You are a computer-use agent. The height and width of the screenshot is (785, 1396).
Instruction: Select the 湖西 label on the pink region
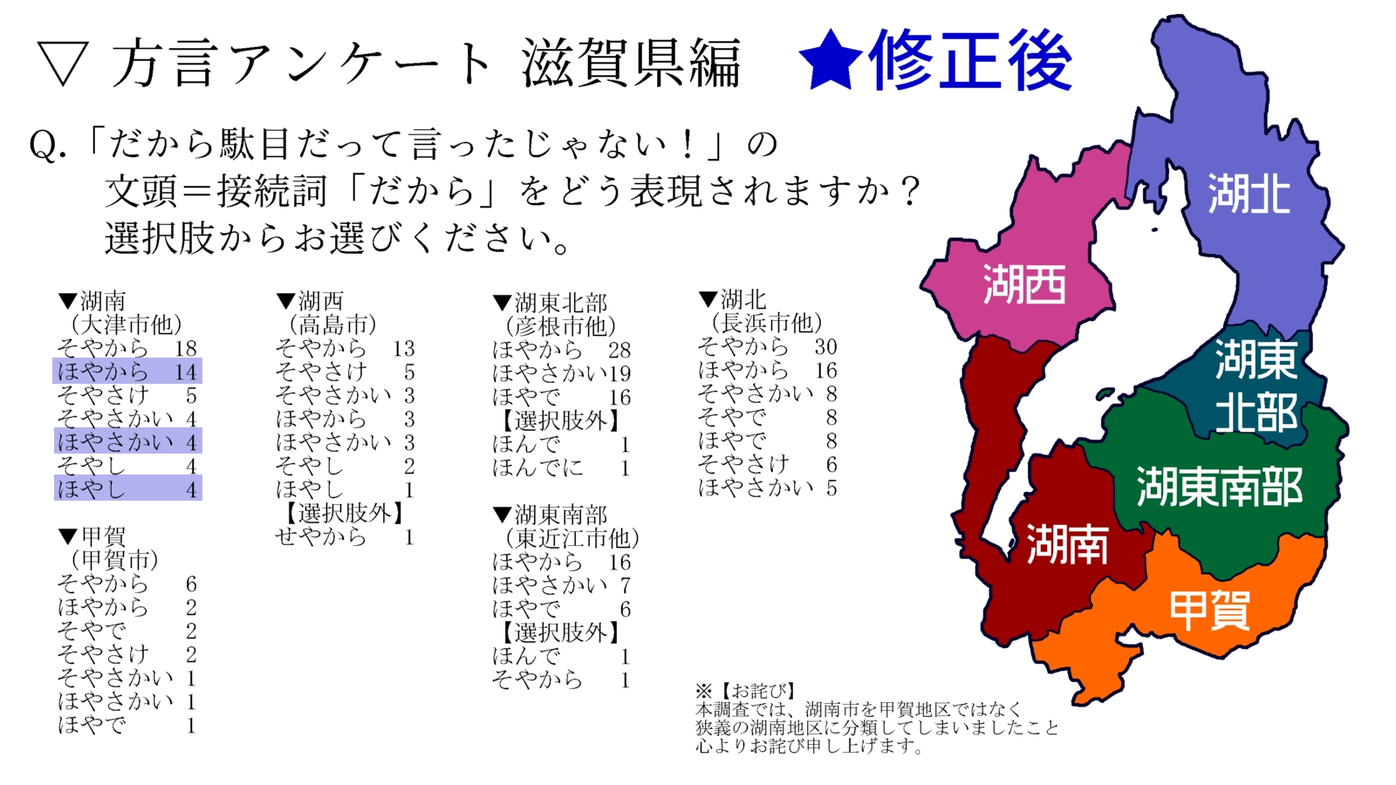pyautogui.click(x=1024, y=284)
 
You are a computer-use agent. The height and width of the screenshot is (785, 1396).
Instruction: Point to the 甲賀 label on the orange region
pyautogui.click(x=1209, y=610)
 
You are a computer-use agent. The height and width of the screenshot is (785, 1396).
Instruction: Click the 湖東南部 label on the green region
pyautogui.click(x=1219, y=487)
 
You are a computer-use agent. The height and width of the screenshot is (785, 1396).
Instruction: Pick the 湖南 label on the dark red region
pyautogui.click(x=1066, y=544)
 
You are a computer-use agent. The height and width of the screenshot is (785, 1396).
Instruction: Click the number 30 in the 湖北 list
pyautogui.click(x=825, y=347)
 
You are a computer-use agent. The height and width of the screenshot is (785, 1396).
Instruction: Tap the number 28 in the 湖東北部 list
pyautogui.click(x=619, y=351)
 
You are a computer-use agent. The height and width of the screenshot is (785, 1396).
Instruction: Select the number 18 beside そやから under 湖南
pyautogui.click(x=186, y=349)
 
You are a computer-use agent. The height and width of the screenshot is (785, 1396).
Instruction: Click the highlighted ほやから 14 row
pyautogui.click(x=127, y=372)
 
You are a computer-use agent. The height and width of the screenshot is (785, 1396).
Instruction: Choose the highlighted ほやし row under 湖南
pyautogui.click(x=127, y=488)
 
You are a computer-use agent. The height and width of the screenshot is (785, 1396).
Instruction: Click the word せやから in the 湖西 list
pyautogui.click(x=320, y=537)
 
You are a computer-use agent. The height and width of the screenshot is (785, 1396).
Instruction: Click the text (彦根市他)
pyautogui.click(x=561, y=327)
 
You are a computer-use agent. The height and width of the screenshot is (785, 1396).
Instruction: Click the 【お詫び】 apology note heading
pyautogui.click(x=756, y=692)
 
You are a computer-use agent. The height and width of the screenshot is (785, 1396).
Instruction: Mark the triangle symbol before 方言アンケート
pyautogui.click(x=63, y=65)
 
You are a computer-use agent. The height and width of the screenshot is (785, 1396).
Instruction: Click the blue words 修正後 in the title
pyautogui.click(x=969, y=61)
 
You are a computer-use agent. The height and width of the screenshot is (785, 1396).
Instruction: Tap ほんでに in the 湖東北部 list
pyautogui.click(x=537, y=468)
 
